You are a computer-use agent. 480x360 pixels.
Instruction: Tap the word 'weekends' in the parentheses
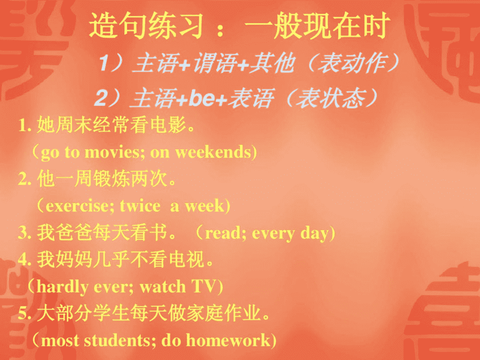coord(213,152)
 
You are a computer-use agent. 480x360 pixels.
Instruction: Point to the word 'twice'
coord(140,206)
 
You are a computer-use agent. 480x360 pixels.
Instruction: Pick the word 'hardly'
coord(62,287)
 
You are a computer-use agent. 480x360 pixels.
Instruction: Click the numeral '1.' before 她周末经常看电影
coord(25,125)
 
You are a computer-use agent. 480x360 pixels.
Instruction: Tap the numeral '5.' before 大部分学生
coord(24,314)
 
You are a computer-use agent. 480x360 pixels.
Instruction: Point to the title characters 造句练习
coord(146,26)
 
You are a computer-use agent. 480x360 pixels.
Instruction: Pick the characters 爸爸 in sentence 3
coord(74,232)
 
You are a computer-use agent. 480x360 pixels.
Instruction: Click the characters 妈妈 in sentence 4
coord(74,259)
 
